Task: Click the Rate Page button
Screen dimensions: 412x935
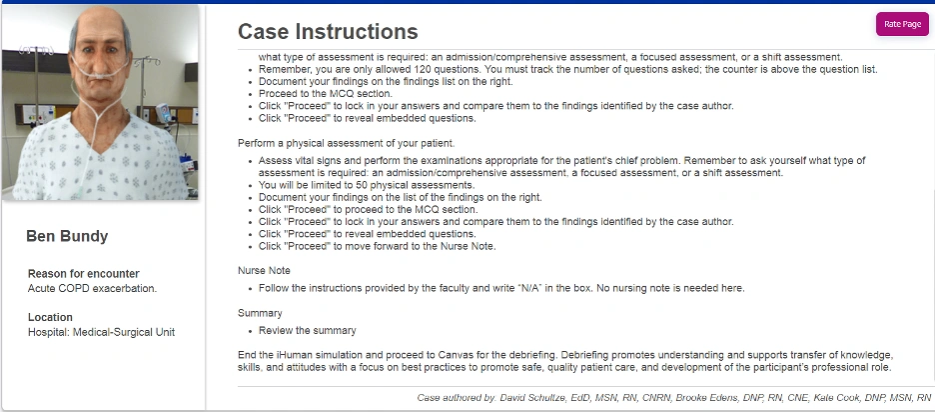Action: click(x=902, y=24)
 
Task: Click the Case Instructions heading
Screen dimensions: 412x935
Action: click(x=328, y=33)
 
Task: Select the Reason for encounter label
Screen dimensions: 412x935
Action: click(x=84, y=274)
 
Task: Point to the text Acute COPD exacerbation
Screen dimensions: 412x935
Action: click(x=92, y=288)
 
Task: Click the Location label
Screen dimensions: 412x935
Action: click(x=50, y=318)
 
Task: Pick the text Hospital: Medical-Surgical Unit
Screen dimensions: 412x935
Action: click(x=101, y=332)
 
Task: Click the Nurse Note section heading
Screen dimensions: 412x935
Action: click(x=265, y=271)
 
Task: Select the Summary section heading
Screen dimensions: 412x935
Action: click(x=260, y=313)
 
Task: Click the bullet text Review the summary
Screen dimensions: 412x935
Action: click(x=307, y=330)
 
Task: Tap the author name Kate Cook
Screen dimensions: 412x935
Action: click(x=835, y=399)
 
